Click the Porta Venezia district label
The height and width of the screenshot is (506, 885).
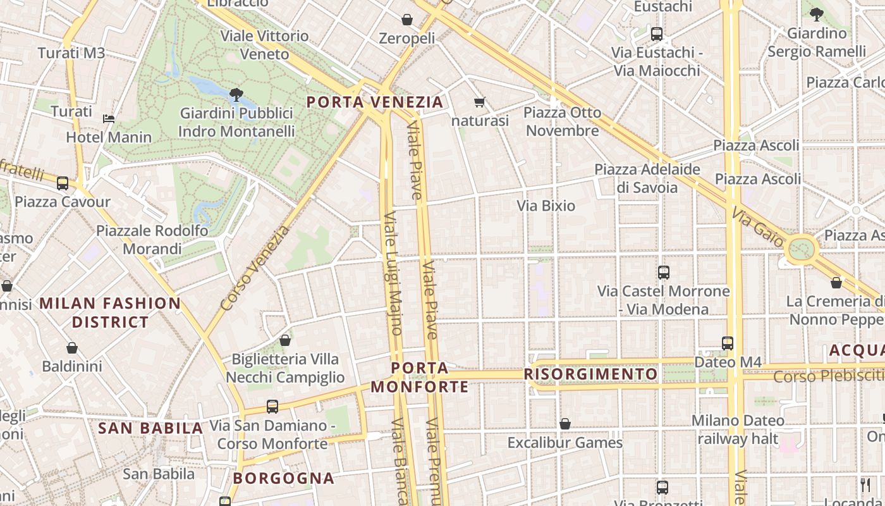pos(375,102)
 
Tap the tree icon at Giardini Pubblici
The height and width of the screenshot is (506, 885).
pos(236,96)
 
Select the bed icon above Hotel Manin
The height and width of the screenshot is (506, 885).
pos(109,118)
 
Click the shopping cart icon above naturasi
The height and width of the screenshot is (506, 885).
pos(480,102)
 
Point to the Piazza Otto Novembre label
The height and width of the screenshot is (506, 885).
pos(562,121)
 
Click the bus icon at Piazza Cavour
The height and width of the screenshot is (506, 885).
pos(62,183)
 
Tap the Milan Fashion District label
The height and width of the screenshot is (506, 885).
pos(110,312)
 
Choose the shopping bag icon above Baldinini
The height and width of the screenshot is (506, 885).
pos(72,348)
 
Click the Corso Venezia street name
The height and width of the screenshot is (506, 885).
pos(255,268)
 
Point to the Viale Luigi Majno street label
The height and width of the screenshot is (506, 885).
pos(393,273)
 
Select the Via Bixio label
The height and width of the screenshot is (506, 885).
pos(546,206)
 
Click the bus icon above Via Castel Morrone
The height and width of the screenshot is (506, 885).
pos(664,273)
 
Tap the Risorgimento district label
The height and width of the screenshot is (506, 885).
pos(590,374)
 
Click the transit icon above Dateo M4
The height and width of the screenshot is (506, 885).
pos(728,343)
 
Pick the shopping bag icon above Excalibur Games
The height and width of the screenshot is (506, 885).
pos(565,424)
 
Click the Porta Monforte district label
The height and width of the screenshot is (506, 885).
pos(420,377)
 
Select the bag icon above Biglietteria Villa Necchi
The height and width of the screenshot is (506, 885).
pos(285,340)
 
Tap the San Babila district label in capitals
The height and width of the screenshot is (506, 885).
pos(150,428)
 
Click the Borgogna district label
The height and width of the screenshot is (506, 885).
pos(283,478)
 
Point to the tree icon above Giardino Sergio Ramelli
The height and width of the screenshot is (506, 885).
pos(816,15)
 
